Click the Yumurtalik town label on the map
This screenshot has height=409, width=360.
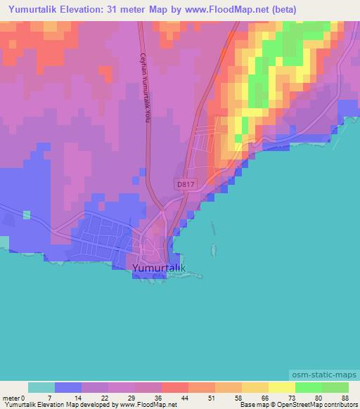pyautogui.click(x=159, y=268)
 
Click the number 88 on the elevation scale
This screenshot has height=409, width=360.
pyautogui.click(x=344, y=397)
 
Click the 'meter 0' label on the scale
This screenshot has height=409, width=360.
pyautogui.click(x=13, y=397)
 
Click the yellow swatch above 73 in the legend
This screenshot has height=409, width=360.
pyautogui.click(x=282, y=387)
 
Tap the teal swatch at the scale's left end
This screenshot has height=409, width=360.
pyautogui.click(x=41, y=387)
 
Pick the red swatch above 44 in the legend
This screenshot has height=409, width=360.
pyautogui.click(x=175, y=387)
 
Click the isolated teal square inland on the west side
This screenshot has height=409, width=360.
pyautogui.click(x=27, y=214)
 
